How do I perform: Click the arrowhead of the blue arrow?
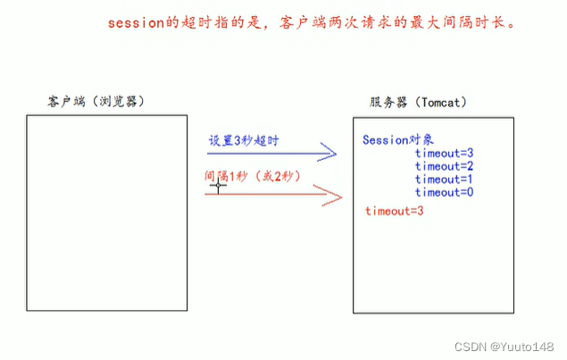329,155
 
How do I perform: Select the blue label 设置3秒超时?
245,141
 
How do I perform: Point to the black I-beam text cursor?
217,185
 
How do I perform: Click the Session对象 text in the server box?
398,140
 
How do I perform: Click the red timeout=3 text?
394,211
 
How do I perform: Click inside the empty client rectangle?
107,214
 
